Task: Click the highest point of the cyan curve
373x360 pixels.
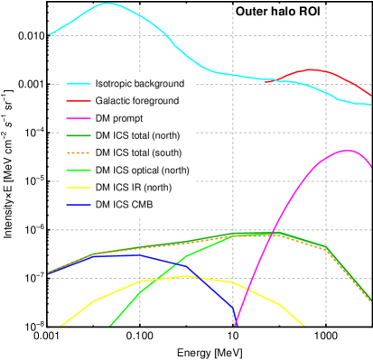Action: [x=107, y=4]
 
